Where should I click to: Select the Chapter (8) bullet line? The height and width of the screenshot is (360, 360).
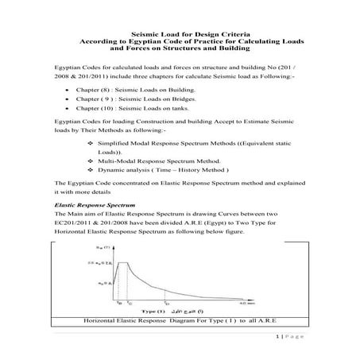click(x=119, y=114)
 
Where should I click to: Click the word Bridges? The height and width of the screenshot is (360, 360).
click(x=175, y=123)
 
